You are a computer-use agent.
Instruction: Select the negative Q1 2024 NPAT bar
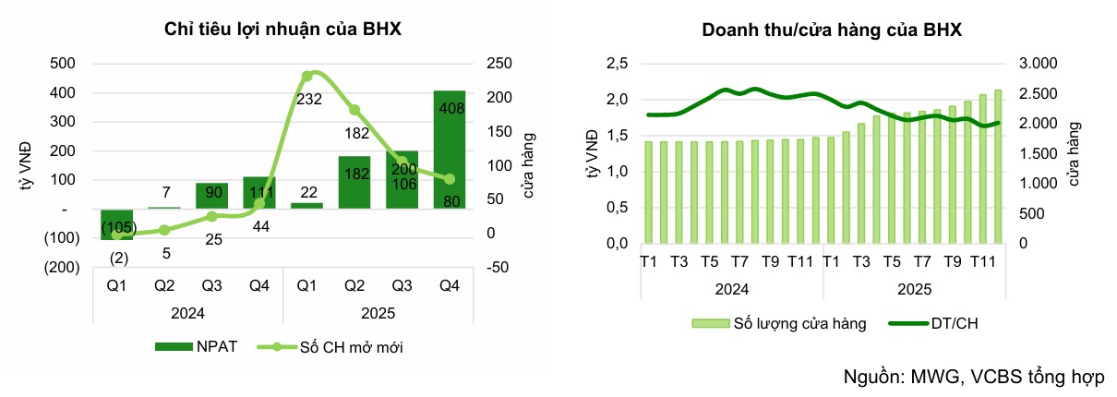click(117, 224)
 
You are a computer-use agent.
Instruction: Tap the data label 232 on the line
click(310, 100)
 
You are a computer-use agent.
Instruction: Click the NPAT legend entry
click(198, 347)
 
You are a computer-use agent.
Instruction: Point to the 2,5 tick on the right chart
click(616, 64)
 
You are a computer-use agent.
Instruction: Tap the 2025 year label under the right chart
click(914, 289)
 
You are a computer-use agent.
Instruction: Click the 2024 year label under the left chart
click(188, 312)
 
